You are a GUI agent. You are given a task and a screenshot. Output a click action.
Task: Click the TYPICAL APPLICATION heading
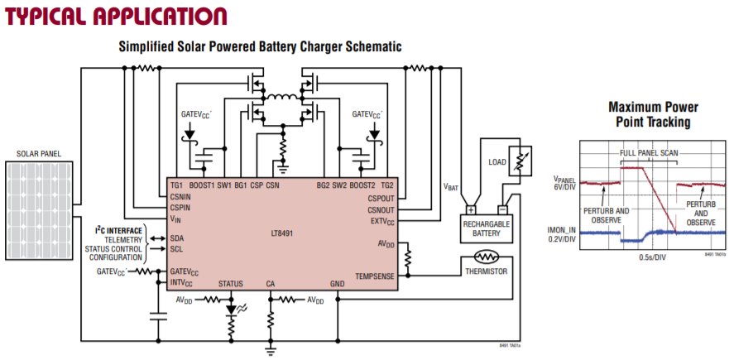(x=116, y=16)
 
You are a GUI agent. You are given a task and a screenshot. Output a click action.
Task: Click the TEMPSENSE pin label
(x=375, y=275)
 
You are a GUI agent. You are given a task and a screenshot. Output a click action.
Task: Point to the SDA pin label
(x=176, y=238)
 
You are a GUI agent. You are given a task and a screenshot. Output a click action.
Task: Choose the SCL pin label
(x=176, y=248)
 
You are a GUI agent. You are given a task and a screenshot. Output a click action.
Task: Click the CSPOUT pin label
(x=381, y=198)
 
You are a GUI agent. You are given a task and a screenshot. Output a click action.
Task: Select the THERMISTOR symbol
(x=483, y=257)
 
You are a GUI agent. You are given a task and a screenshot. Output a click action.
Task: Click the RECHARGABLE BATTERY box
(x=484, y=228)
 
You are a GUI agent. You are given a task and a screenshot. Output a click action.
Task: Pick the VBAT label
(x=451, y=188)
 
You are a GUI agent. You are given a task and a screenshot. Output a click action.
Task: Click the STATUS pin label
(x=231, y=284)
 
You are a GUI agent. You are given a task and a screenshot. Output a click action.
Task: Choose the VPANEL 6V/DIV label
(x=563, y=183)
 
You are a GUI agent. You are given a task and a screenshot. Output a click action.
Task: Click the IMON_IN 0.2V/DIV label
(x=559, y=233)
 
